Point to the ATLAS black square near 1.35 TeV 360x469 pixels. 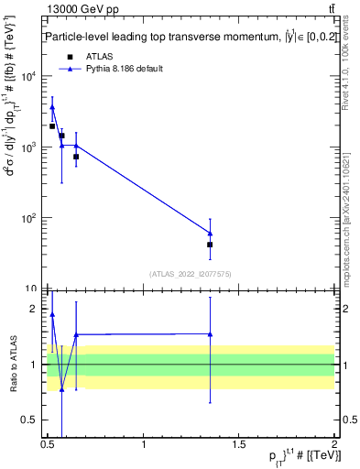(x=210, y=245)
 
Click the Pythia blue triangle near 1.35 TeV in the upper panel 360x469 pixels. (x=210, y=233)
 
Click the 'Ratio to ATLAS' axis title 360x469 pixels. (x=12, y=365)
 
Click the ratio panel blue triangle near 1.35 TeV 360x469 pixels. (x=210, y=334)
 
